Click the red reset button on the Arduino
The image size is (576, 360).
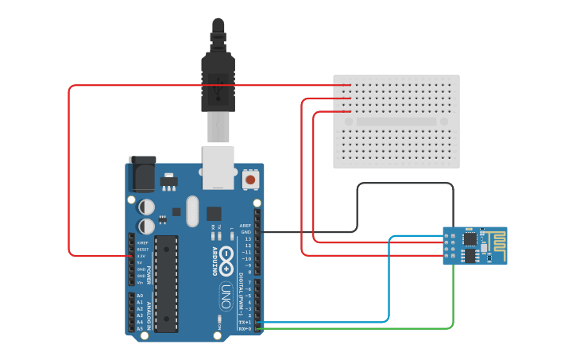pos(251,180)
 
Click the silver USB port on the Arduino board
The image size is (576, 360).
pos(218,167)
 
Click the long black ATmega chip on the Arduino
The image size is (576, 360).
pos(166,283)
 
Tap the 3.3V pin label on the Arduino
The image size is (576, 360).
pos(141,256)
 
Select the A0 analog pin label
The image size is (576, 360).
pos(140,296)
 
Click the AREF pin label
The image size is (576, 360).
pos(245,225)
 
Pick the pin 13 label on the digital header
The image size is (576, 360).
pos(247,238)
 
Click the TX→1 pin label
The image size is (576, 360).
pos(245,322)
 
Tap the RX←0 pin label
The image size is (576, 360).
pos(245,328)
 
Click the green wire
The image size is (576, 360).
pos(453,302)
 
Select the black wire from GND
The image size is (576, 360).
pos(405,184)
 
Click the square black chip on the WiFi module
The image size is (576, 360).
pos(470,238)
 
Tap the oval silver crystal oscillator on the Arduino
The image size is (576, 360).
pos(192,211)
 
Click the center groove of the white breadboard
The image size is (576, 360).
pos(396,122)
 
